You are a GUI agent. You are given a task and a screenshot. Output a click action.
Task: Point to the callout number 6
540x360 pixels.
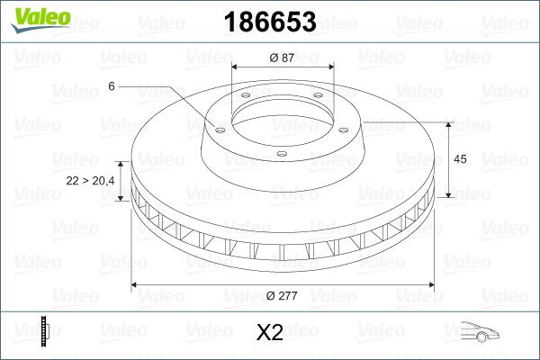[112, 85]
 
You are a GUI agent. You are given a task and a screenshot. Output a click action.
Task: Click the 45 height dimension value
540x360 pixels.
[459, 159]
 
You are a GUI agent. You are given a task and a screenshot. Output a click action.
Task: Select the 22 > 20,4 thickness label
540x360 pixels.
[91, 181]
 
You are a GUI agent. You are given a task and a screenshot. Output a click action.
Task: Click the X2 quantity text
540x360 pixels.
[269, 333]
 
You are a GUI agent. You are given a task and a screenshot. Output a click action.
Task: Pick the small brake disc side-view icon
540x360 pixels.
[46, 332]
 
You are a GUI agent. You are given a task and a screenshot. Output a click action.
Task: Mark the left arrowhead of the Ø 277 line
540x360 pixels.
[135, 285]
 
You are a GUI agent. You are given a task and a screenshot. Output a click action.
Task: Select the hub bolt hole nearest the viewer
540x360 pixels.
[282, 154]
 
